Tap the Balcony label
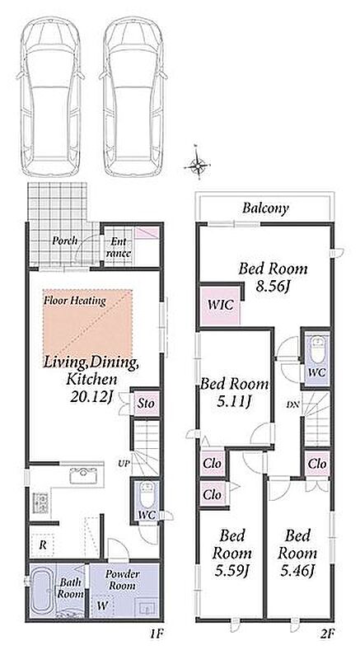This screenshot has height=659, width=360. [x=265, y=208]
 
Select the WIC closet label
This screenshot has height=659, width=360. [x=220, y=305]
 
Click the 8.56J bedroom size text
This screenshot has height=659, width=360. [x=273, y=287]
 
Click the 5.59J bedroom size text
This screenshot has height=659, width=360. [x=231, y=570]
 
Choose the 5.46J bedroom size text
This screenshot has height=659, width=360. [x=297, y=570]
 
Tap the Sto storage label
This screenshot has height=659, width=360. [x=146, y=404]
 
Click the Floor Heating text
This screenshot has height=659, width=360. [x=75, y=301]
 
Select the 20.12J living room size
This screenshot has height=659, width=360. [x=91, y=397]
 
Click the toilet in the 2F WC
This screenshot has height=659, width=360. [x=316, y=348]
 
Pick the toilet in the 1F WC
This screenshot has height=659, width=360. [x=147, y=495]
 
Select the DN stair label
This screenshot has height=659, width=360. [x=292, y=405]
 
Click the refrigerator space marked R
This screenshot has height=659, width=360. [x=43, y=545]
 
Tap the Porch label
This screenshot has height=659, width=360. [x=65, y=241]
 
